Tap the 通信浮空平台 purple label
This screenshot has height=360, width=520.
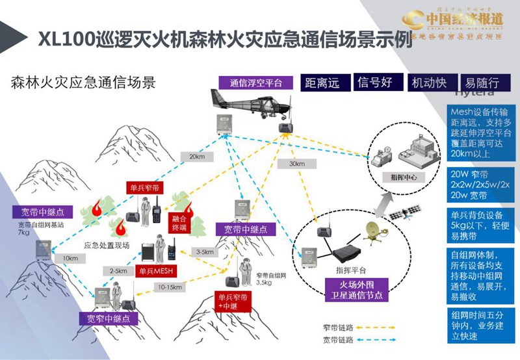255,83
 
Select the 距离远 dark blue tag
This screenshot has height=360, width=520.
324,83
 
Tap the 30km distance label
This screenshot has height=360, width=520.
298,164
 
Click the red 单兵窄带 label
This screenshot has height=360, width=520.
144,187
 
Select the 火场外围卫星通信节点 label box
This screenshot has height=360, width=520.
356,289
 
